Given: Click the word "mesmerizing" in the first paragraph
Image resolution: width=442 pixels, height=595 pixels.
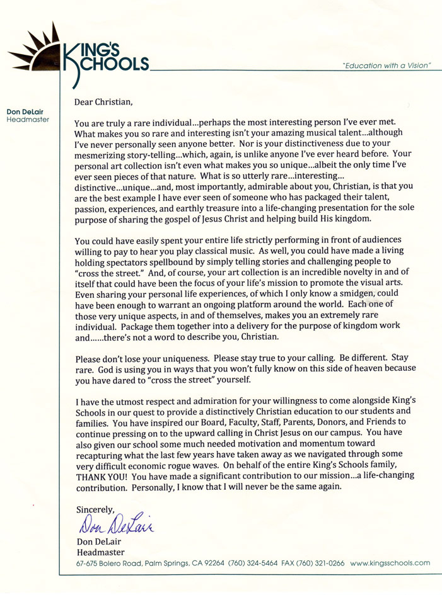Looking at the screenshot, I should point(103,152).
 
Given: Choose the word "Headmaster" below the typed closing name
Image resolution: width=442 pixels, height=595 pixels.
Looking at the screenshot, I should point(96,552).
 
